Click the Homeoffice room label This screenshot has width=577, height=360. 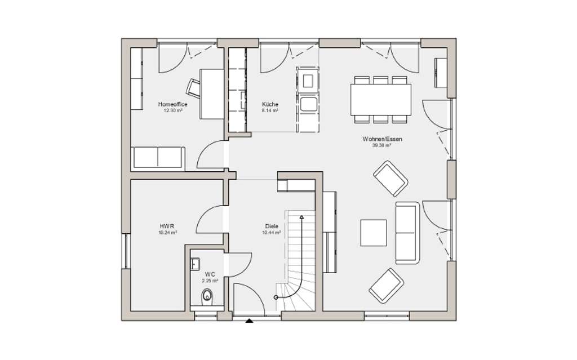click(172, 104)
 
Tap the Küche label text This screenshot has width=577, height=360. click(270, 104)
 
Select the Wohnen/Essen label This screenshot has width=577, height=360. click(383, 139)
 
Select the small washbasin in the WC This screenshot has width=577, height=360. click(196, 263)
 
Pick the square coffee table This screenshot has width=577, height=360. click(374, 233)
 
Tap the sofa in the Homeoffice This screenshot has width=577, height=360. click(157, 158)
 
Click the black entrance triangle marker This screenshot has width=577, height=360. click(249, 322)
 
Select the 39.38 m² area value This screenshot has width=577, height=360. click(382, 145)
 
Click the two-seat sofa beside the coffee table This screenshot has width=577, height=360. click(407, 232)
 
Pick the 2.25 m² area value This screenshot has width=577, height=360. click(210, 280)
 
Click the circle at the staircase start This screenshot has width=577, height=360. click(276, 297)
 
